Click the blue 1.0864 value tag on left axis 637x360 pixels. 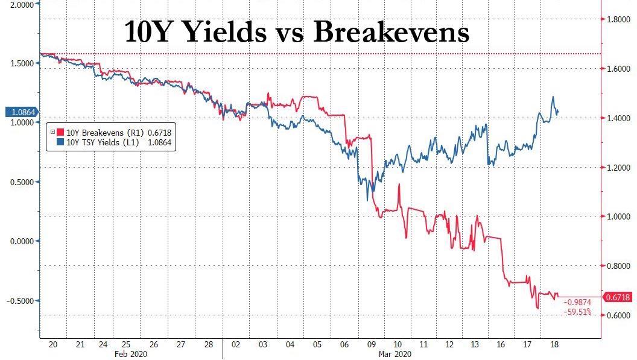coord(20,112)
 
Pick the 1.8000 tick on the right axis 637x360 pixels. coord(619,20)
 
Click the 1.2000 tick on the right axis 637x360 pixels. coord(619,168)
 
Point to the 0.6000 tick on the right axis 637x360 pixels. coord(619,315)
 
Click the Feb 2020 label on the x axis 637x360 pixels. coord(131,355)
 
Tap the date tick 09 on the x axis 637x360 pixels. coord(372,344)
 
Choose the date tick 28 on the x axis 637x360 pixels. coord(208,344)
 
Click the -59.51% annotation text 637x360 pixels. coord(577,312)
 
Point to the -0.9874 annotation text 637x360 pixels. coord(577,303)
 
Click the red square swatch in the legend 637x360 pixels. coord(61,132)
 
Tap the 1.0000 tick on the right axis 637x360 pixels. coord(619,216)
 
